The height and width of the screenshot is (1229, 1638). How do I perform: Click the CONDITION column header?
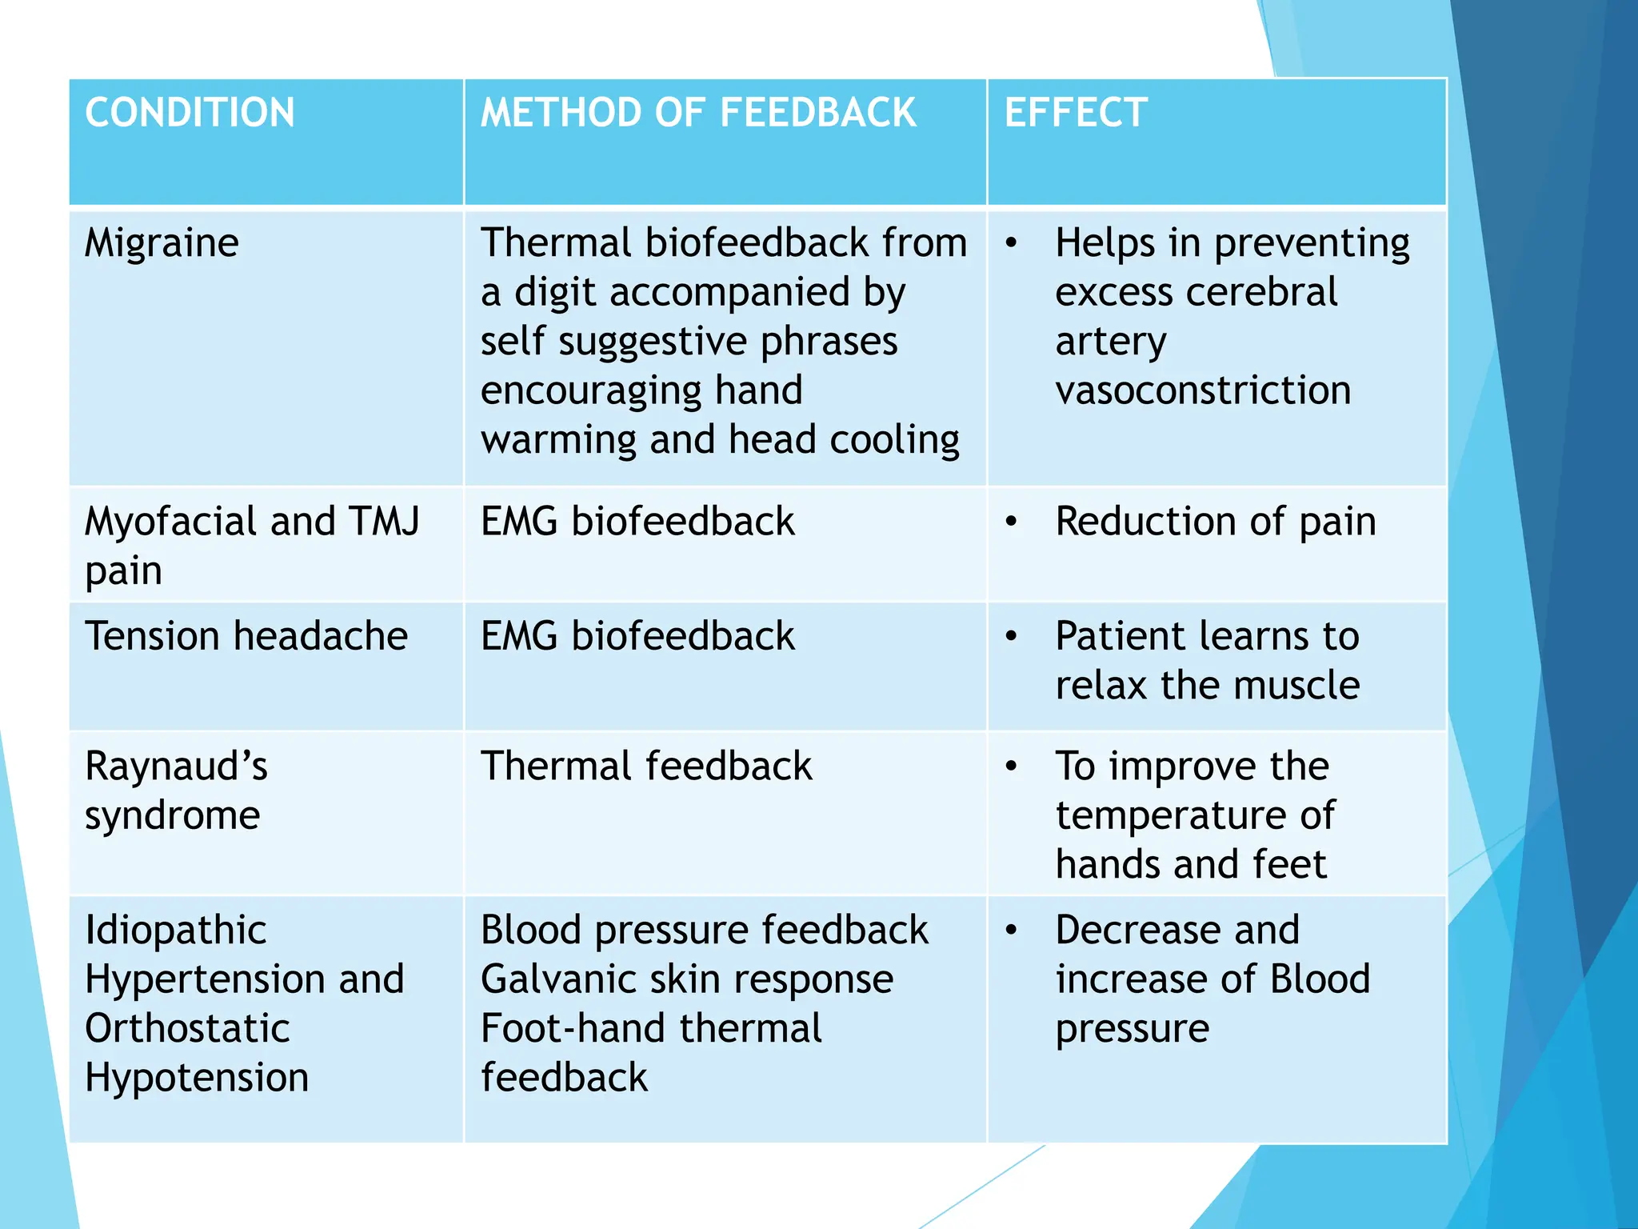coord(190,113)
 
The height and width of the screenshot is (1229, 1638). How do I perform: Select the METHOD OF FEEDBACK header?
coord(698,113)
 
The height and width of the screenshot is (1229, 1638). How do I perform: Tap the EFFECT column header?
coord(1076,113)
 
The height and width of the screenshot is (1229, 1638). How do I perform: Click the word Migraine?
coord(162,243)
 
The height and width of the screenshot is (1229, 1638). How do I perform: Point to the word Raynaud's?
coord(176,767)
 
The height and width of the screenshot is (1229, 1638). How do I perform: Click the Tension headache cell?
coord(246,637)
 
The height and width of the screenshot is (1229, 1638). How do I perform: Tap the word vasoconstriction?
coord(1203,390)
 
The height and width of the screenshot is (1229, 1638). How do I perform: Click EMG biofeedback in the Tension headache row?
coord(637,637)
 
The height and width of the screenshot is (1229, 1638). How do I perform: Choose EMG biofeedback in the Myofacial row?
coord(637,522)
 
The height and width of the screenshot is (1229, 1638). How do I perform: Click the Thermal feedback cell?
coord(646,767)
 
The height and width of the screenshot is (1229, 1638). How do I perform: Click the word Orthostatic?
coord(187,1029)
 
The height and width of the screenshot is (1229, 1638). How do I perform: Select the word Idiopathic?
coord(176,931)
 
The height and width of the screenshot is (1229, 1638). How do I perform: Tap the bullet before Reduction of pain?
coord(1012,522)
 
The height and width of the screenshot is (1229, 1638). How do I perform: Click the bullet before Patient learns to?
coord(1012,637)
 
